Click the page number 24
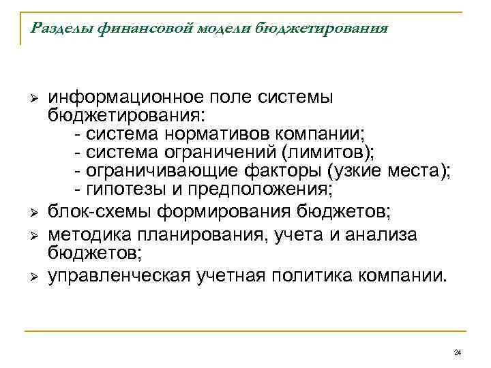coord(457,352)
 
